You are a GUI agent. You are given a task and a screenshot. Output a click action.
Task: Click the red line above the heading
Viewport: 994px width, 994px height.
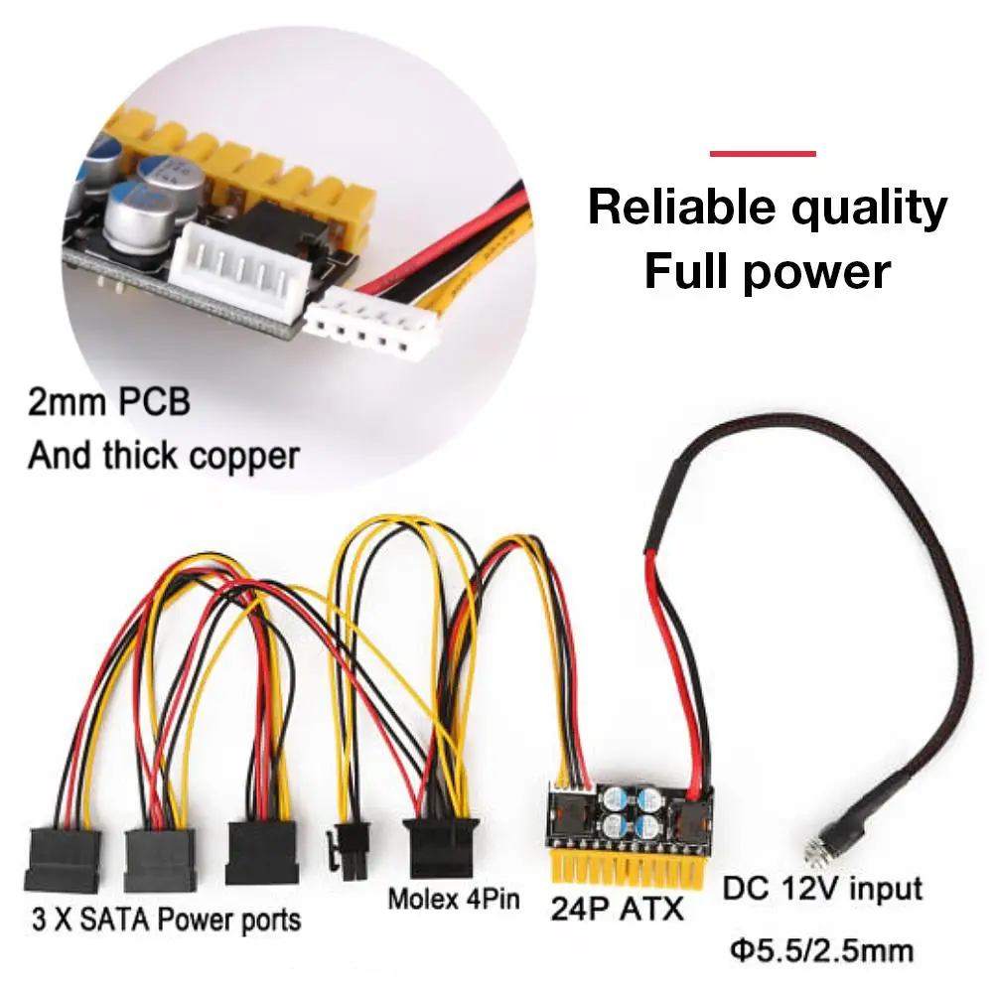[x=763, y=154]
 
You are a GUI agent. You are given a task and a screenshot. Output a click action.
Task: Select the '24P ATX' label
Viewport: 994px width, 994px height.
[x=616, y=908]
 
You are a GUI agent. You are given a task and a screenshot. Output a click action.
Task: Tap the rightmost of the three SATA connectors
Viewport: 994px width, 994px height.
[x=263, y=848]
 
